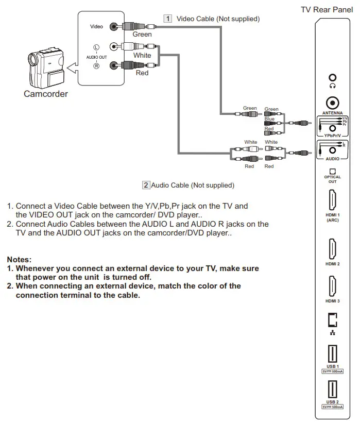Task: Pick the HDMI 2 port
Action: click(332, 249)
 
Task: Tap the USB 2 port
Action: click(332, 389)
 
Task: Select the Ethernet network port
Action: click(332, 320)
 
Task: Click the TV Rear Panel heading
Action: click(327, 10)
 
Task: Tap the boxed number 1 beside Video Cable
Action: click(167, 19)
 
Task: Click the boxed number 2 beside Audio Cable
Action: click(146, 185)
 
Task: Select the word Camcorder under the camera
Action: click(46, 94)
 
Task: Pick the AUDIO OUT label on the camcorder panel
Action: click(96, 57)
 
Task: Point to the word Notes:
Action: click(19, 259)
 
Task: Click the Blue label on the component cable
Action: click(269, 119)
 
